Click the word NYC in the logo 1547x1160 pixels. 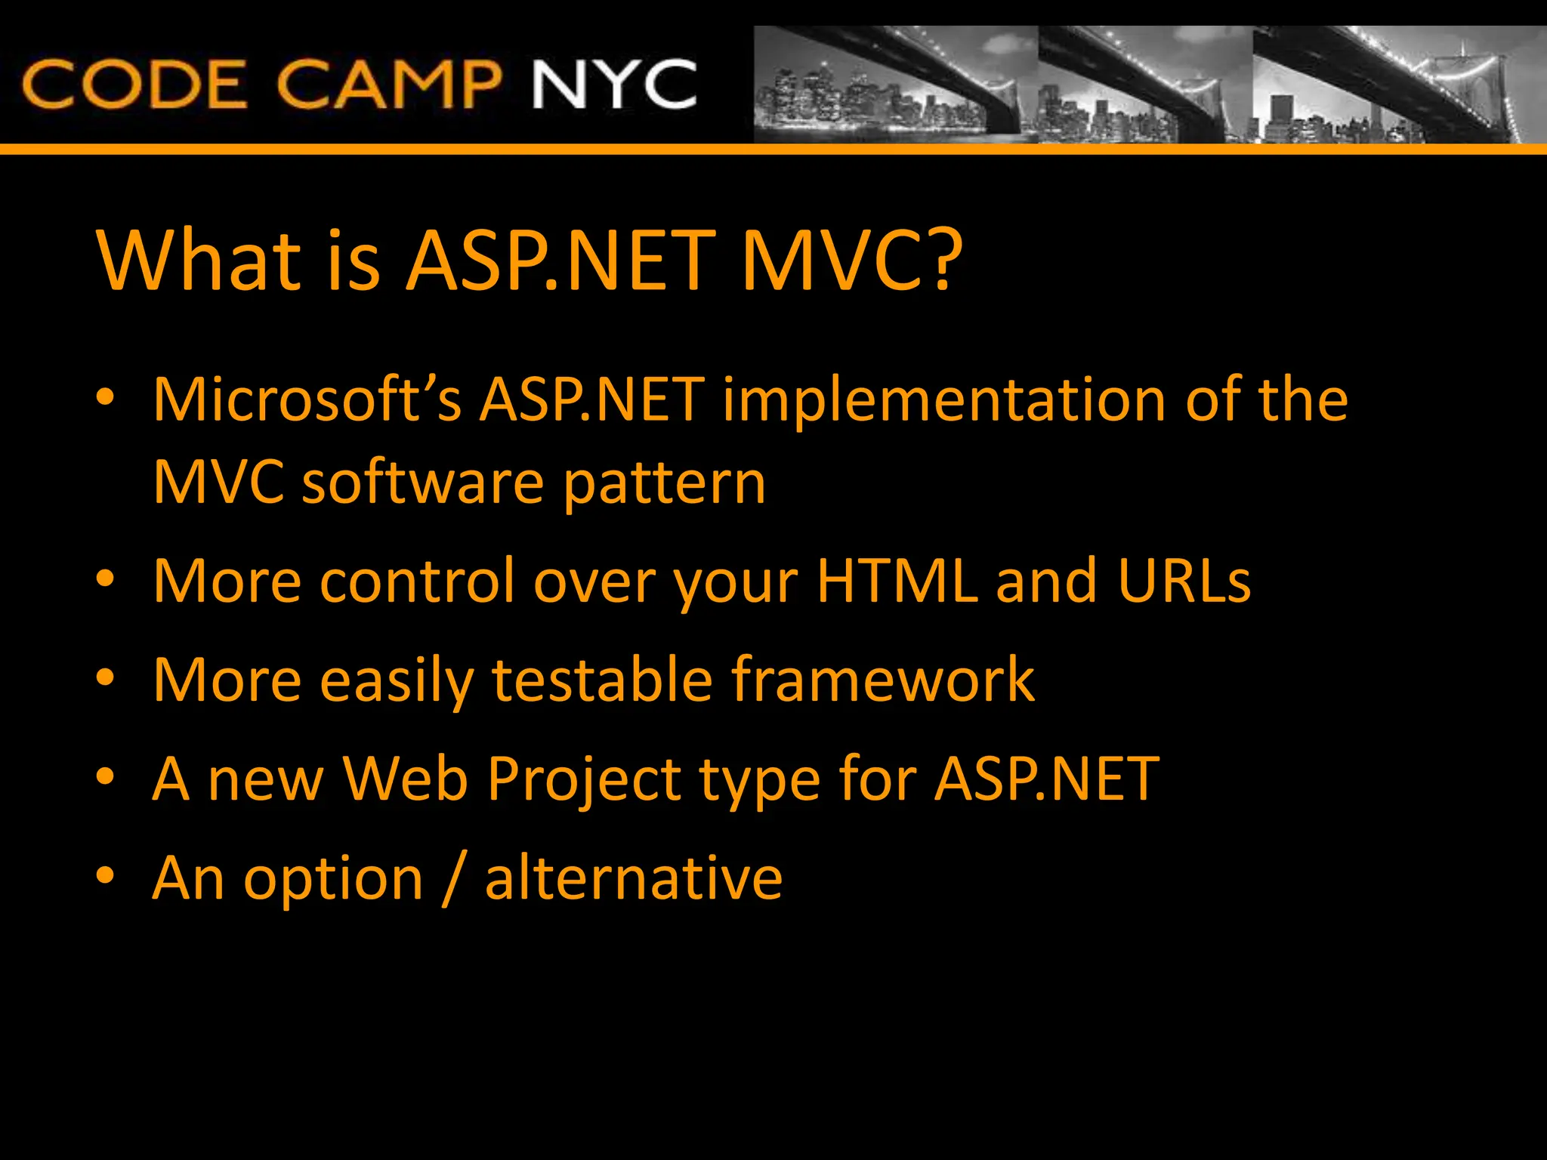(x=614, y=84)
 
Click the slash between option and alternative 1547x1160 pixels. (x=453, y=879)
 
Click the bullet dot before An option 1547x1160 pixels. (x=105, y=875)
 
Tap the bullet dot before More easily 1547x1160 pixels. (x=105, y=677)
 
